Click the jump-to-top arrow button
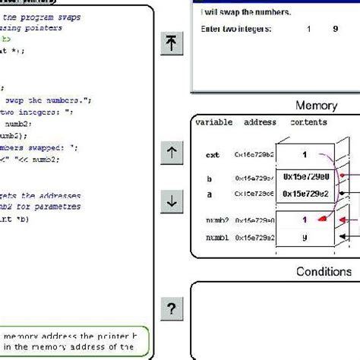(172, 45)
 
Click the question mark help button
(172, 308)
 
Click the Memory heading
(316, 106)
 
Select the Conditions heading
(324, 271)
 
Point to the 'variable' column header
(213, 122)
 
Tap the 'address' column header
(260, 122)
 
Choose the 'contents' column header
(308, 122)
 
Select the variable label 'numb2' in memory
(216, 221)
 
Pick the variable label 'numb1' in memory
(216, 238)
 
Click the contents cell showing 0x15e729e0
(306, 177)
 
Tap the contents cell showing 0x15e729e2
(306, 194)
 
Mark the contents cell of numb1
(305, 237)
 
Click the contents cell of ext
(305, 153)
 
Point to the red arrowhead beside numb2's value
(321, 220)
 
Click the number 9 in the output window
(335, 29)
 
